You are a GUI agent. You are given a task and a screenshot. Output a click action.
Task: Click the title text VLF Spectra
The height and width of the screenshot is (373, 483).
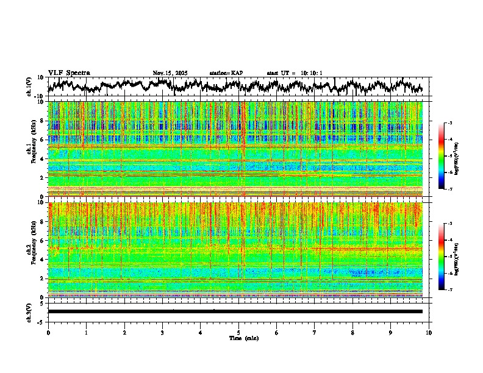(69, 73)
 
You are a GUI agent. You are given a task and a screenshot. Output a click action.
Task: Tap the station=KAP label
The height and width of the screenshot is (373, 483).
(226, 73)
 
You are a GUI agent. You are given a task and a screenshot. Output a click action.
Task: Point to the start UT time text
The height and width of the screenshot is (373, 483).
(295, 73)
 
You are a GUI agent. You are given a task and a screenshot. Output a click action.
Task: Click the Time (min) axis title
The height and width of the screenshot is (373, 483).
(243, 338)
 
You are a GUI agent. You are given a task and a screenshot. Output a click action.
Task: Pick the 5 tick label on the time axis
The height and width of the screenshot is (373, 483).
(238, 332)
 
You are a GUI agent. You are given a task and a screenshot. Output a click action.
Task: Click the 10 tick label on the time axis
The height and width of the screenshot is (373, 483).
(429, 332)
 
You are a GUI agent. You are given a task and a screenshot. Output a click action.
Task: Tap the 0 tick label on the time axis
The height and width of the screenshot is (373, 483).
(48, 332)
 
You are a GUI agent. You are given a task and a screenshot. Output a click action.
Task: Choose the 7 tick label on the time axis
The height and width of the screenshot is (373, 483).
(315, 332)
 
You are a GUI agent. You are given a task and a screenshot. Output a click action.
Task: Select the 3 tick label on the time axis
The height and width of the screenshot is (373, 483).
(162, 332)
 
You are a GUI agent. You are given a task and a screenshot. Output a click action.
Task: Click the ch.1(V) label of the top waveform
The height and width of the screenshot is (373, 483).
(29, 87)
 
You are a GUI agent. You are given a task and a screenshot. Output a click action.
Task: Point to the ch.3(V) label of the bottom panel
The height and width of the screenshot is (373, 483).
(29, 311)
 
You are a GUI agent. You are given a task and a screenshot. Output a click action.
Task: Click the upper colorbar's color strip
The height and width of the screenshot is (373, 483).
(442, 156)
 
